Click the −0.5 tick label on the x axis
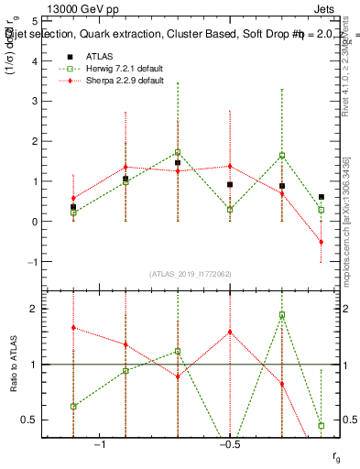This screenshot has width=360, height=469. point(229,445)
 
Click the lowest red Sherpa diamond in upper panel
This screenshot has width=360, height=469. point(322,242)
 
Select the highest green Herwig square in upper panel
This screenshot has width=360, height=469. point(178,152)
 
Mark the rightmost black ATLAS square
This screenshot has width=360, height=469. point(322,197)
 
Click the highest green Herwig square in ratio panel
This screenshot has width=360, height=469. point(282,314)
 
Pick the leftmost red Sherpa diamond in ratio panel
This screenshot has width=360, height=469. point(73,327)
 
